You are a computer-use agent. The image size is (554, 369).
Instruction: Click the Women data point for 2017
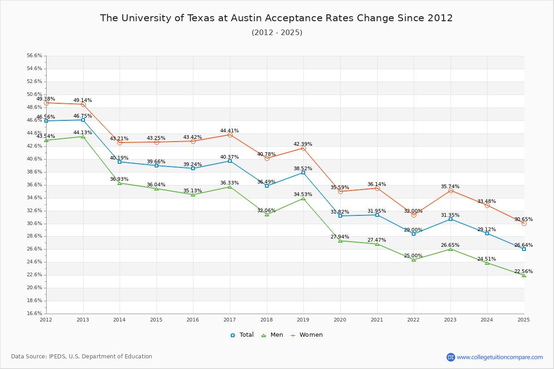tap(230, 135)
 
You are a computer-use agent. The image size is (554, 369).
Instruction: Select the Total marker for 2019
tap(303, 173)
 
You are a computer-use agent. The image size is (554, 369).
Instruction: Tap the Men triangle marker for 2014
tap(120, 183)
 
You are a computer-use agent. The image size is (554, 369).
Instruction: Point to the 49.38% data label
tap(46, 99)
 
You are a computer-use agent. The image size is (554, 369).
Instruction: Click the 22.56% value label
tap(524, 272)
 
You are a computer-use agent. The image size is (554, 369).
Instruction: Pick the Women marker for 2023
tap(451, 190)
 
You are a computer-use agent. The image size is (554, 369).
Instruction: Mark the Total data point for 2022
tap(414, 234)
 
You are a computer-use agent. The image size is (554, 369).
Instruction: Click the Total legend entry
tap(242, 335)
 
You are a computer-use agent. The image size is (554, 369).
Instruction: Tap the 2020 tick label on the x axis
tap(340, 320)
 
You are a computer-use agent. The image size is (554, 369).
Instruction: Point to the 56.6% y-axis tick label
tap(35, 56)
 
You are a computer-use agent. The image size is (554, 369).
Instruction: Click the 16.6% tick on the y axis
tap(35, 314)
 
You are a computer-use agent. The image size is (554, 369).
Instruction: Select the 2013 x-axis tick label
tap(83, 320)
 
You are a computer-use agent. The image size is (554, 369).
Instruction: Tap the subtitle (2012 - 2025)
tap(277, 33)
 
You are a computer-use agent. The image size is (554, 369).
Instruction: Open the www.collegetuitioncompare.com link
tap(500, 357)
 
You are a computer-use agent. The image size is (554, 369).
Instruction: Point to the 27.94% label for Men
tap(340, 237)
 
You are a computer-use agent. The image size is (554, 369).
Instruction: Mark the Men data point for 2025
tap(524, 275)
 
